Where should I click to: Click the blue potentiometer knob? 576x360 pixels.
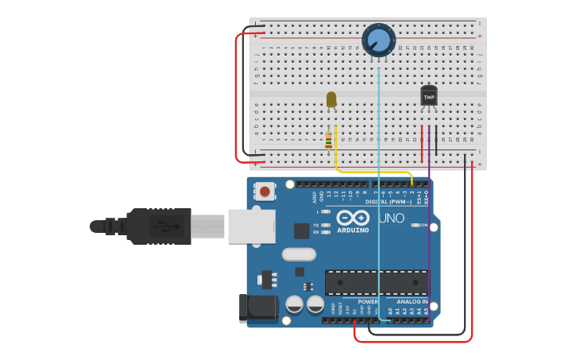pyautogui.click(x=379, y=40)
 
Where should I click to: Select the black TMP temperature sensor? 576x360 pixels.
pyautogui.click(x=429, y=96)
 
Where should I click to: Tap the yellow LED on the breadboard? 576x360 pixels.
pyautogui.click(x=331, y=99)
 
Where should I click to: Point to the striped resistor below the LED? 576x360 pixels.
pyautogui.click(x=329, y=141)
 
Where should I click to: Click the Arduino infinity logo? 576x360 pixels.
pyautogui.click(x=353, y=218)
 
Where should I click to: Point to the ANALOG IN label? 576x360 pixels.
pyautogui.click(x=412, y=302)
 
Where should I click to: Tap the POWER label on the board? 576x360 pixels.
pyautogui.click(x=368, y=302)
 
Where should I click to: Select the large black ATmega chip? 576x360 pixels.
pyautogui.click(x=377, y=282)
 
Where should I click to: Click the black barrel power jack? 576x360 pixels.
pyautogui.click(x=257, y=309)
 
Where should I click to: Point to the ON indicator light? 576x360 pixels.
pyautogui.click(x=416, y=225)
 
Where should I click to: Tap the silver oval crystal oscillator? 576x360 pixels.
pyautogui.click(x=299, y=255)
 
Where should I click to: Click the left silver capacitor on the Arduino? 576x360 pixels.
pyautogui.click(x=294, y=304)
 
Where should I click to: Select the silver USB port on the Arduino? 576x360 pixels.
pyautogui.click(x=252, y=226)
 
